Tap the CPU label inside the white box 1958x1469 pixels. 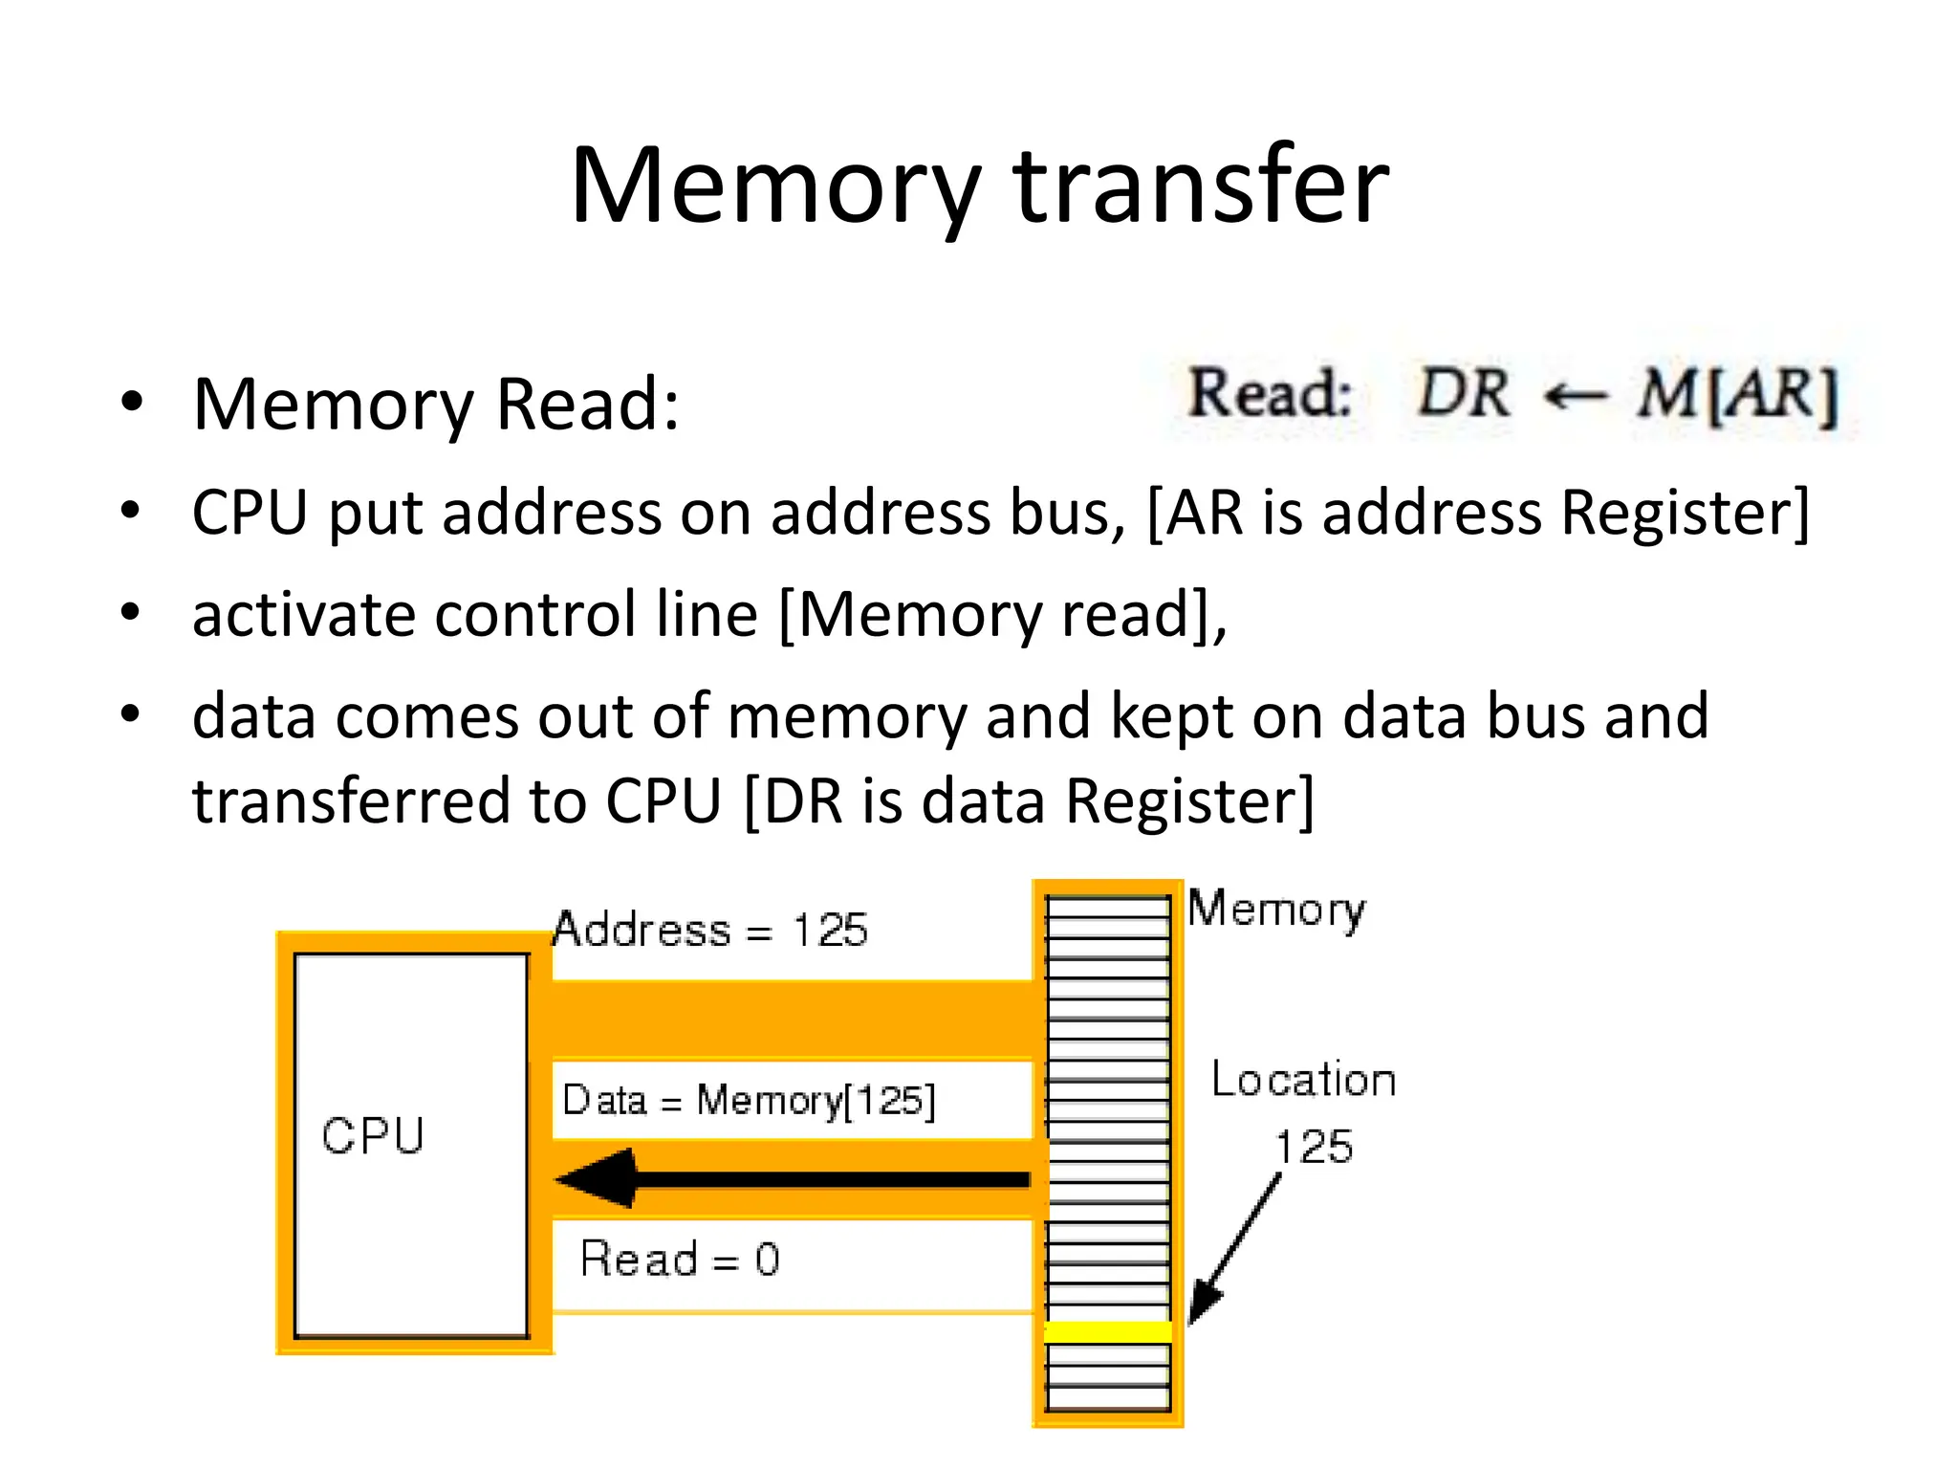coord(373,1136)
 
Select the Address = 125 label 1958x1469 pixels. coord(710,930)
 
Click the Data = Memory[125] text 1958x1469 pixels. coord(749,1100)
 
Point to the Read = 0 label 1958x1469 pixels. coord(680,1259)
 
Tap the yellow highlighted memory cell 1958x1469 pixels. coord(1108,1330)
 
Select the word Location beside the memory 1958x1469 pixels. coord(1303,1080)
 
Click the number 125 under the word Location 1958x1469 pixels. coord(1315,1147)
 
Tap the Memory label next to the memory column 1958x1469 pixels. coord(1276,910)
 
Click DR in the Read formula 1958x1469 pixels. coord(1463,393)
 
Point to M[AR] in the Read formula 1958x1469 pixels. coord(1736,395)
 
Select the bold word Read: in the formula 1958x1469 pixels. coord(1270,393)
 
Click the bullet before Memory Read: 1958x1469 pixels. coord(131,402)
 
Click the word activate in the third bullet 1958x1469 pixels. coord(303,614)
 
